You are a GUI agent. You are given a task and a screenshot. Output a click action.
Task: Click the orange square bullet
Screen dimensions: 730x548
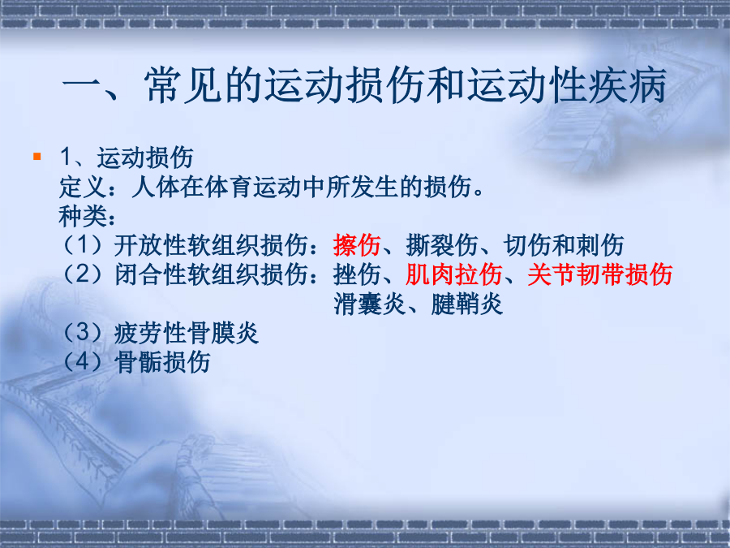click(x=37, y=157)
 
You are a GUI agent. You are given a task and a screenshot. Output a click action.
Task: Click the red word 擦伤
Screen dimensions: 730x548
click(x=357, y=244)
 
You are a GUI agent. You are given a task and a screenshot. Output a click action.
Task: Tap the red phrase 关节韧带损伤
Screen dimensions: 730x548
click(x=599, y=274)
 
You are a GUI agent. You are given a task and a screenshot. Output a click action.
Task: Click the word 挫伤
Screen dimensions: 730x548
click(x=357, y=274)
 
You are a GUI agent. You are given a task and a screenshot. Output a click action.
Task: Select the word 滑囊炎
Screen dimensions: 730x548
click(x=370, y=304)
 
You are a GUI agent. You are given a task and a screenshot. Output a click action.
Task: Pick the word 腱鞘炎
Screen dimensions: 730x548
click(x=467, y=304)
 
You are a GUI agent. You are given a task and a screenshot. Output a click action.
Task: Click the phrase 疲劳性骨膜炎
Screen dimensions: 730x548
click(x=187, y=333)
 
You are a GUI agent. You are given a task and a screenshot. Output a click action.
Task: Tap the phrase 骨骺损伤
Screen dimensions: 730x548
click(x=162, y=362)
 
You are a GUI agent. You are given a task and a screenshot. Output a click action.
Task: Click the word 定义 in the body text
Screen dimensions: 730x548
click(x=83, y=187)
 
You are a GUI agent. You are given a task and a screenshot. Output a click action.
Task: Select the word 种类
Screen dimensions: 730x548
click(x=83, y=216)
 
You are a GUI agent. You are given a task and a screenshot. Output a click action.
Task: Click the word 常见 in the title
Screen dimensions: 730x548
click(x=183, y=85)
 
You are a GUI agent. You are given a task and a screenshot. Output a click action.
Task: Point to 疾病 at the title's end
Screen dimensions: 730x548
click(x=628, y=85)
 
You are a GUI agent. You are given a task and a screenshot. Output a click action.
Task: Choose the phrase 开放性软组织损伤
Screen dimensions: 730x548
click(x=211, y=244)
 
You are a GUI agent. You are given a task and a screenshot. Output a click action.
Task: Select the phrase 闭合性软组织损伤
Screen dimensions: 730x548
click(x=211, y=274)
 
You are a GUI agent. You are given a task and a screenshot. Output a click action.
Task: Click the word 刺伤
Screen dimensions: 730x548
click(x=599, y=244)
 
